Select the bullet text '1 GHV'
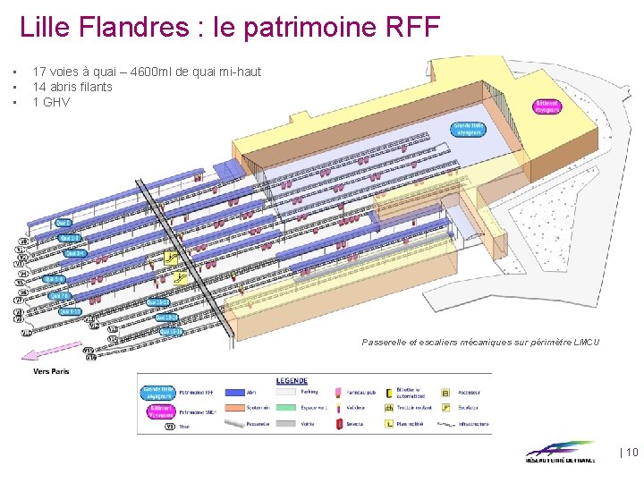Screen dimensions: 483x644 click(51, 102)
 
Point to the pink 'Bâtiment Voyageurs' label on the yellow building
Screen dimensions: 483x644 click(547, 106)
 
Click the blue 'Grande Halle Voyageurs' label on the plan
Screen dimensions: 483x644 click(468, 130)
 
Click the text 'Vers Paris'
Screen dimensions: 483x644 click(51, 371)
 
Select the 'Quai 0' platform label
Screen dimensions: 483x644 click(63, 222)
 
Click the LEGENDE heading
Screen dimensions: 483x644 click(292, 381)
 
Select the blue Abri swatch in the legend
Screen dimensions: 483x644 click(234, 392)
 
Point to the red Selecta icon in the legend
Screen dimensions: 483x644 click(337, 424)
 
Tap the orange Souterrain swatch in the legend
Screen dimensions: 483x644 click(234, 408)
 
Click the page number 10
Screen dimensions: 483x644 click(631, 453)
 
